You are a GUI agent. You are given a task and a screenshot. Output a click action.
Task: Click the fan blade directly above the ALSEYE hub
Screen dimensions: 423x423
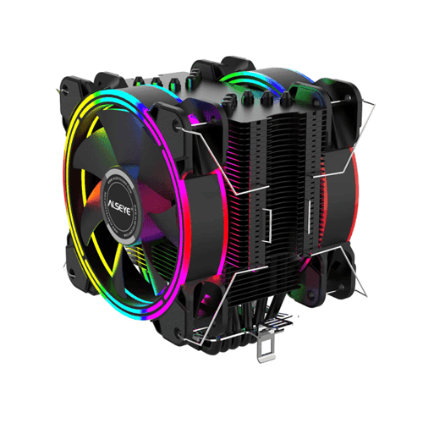(127, 135)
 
